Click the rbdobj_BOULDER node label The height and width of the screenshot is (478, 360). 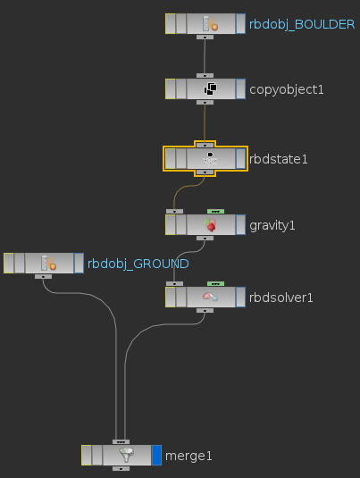pyautogui.click(x=302, y=24)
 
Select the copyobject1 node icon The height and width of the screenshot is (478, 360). pyautogui.click(x=210, y=89)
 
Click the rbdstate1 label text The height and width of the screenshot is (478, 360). pyautogui.click(x=279, y=159)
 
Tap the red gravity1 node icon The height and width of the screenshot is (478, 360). pyautogui.click(x=210, y=225)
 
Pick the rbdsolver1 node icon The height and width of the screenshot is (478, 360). pyautogui.click(x=210, y=297)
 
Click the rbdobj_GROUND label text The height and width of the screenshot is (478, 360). pyautogui.click(x=138, y=264)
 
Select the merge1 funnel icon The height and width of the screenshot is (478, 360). pyautogui.click(x=127, y=455)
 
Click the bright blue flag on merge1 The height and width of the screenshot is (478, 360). pyautogui.click(x=156, y=455)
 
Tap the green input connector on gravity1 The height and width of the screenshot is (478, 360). pyautogui.click(x=215, y=211)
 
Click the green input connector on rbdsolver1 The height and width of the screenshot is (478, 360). pyautogui.click(x=215, y=284)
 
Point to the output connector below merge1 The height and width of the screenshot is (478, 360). pyautogui.click(x=121, y=468)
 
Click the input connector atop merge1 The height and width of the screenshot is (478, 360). pyautogui.click(x=121, y=441)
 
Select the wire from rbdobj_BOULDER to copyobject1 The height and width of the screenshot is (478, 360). pyautogui.click(x=205, y=56)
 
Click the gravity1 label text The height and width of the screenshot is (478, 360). pyautogui.click(x=272, y=225)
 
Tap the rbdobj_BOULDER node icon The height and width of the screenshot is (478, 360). pyautogui.click(x=210, y=24)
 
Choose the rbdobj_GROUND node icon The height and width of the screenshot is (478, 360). pyautogui.click(x=49, y=263)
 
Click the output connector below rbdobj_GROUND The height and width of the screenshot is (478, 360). pyautogui.click(x=43, y=276)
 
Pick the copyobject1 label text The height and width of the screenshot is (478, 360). pyautogui.click(x=287, y=89)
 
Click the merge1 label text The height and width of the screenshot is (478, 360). pyautogui.click(x=188, y=456)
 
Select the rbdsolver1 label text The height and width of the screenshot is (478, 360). pyautogui.click(x=281, y=298)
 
